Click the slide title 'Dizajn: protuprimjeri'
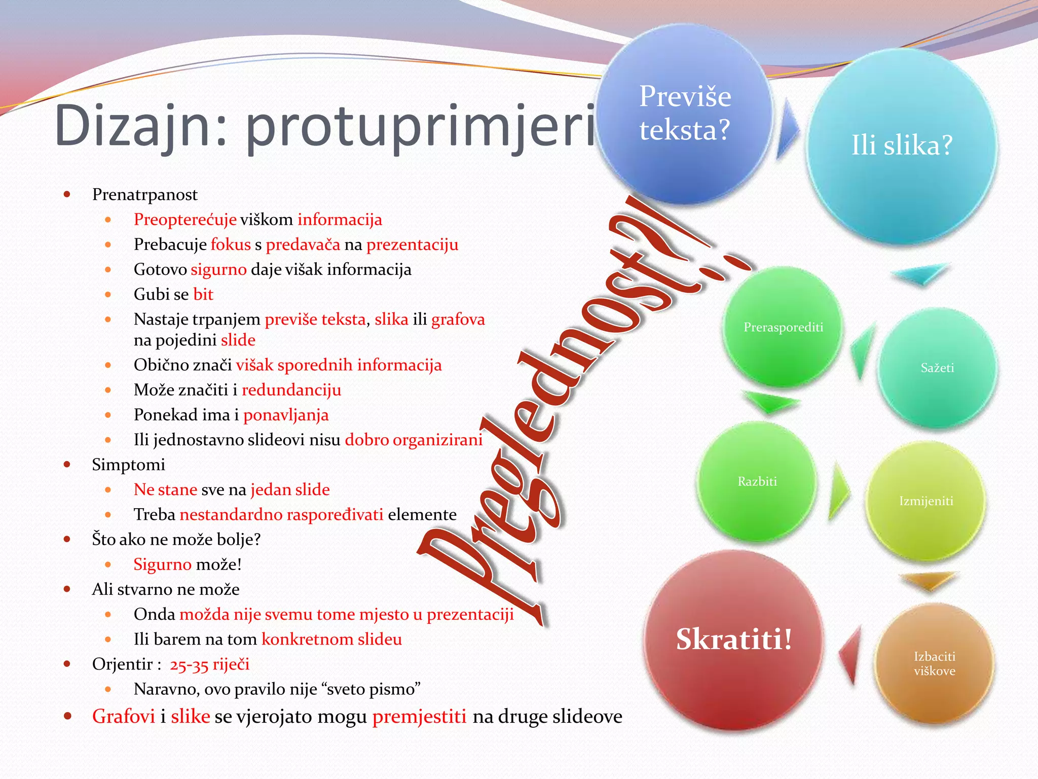pyautogui.click(x=324, y=126)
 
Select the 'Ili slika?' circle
pyautogui.click(x=902, y=146)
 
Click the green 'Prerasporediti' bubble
pyautogui.click(x=783, y=327)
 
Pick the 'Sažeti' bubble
pyautogui.click(x=937, y=368)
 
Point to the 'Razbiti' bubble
pyautogui.click(x=757, y=481)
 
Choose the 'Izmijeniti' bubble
pyautogui.click(x=926, y=501)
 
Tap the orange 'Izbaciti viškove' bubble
pyautogui.click(x=934, y=664)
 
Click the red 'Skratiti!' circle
pyautogui.click(x=733, y=639)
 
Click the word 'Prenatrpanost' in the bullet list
pyautogui.click(x=144, y=195)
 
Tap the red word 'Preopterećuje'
pyautogui.click(x=185, y=220)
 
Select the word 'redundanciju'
pyautogui.click(x=291, y=390)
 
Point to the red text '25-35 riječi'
pyautogui.click(x=209, y=664)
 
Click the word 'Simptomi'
pyautogui.click(x=128, y=465)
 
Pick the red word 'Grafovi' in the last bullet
pyautogui.click(x=123, y=717)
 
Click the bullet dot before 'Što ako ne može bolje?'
pyautogui.click(x=67, y=540)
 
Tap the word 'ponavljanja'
pyautogui.click(x=286, y=415)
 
